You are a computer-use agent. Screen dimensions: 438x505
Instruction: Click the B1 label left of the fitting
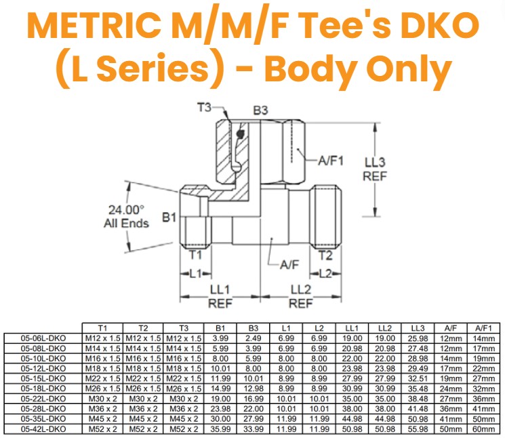tap(169, 218)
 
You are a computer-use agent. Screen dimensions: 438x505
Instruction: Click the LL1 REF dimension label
tap(220, 296)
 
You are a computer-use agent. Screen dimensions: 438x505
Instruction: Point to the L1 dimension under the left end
tap(196, 273)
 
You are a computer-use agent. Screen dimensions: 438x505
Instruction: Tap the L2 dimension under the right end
tap(327, 273)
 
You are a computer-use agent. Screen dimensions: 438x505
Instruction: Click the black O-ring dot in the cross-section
tap(240, 135)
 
